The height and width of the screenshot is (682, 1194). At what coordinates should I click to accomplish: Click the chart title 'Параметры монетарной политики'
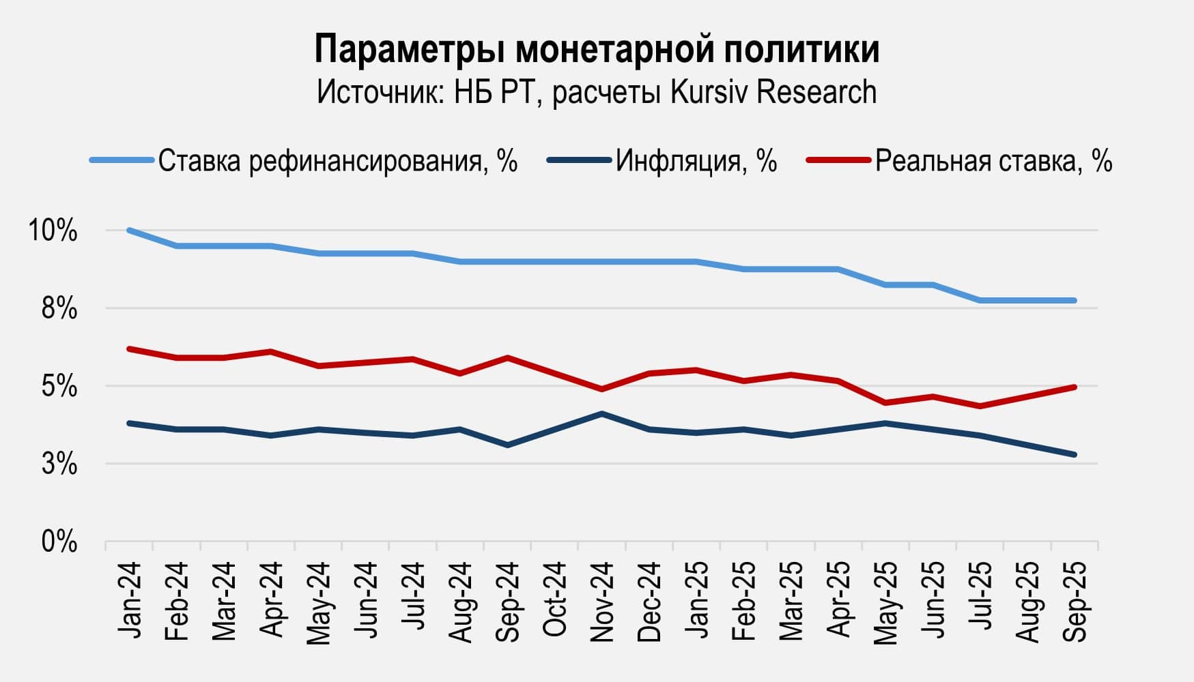[597, 49]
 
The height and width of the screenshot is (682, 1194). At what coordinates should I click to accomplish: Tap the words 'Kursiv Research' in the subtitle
[773, 92]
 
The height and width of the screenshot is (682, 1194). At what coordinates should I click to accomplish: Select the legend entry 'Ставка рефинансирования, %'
[338, 162]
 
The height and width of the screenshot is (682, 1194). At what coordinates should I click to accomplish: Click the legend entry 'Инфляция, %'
[696, 162]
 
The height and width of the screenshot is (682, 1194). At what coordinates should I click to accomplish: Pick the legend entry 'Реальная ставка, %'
[993, 162]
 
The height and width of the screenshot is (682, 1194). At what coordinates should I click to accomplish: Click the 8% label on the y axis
[59, 309]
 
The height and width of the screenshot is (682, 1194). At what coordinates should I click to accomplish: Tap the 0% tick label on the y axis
[59, 543]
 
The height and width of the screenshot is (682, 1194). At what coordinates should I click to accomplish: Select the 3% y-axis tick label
[59, 465]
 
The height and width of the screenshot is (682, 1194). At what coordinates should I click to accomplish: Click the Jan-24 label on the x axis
[129, 600]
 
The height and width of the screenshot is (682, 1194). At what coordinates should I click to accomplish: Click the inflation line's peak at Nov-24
[601, 413]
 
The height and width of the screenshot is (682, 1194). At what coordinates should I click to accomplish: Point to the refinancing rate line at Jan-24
[129, 231]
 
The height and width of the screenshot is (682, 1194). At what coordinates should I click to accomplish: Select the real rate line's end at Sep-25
[1075, 387]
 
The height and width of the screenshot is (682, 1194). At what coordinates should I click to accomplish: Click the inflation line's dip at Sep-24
[507, 445]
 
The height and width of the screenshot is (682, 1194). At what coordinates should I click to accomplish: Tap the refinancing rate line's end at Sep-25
[1075, 300]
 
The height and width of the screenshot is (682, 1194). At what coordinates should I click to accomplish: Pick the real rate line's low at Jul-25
[980, 406]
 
